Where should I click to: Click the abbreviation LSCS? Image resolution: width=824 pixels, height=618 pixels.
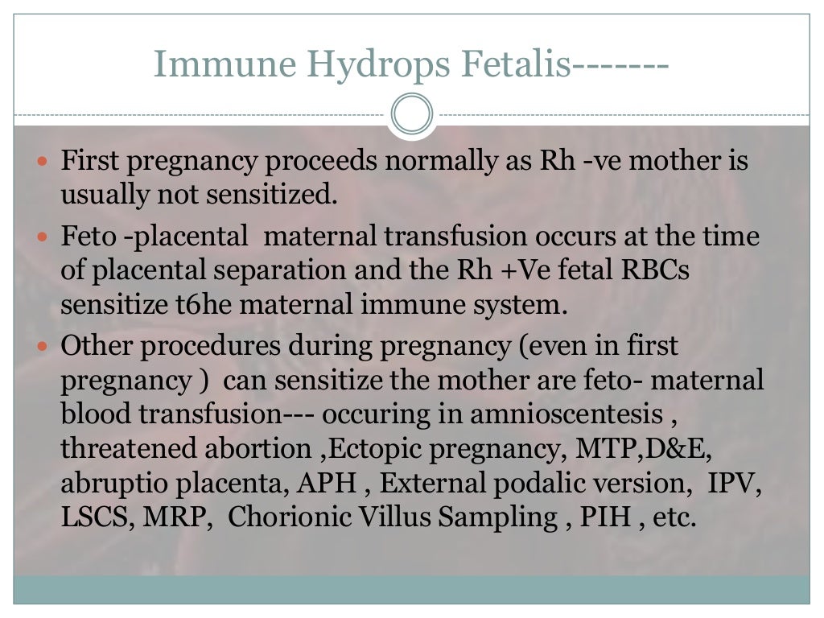click(98, 517)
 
